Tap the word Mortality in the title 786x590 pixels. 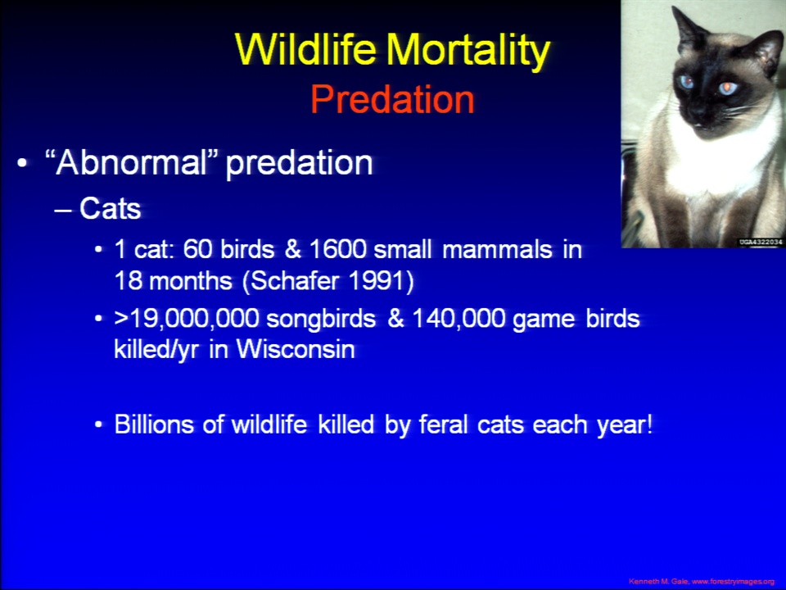tap(468, 51)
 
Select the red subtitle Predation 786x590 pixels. tap(392, 99)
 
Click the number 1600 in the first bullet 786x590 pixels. tap(338, 249)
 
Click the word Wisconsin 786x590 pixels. tap(296, 349)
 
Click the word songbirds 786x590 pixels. tap(321, 319)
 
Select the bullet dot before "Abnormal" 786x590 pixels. tap(21, 164)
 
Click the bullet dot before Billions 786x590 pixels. tap(99, 425)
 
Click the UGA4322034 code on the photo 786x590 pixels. tap(761, 243)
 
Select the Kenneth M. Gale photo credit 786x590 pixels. tap(702, 582)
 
